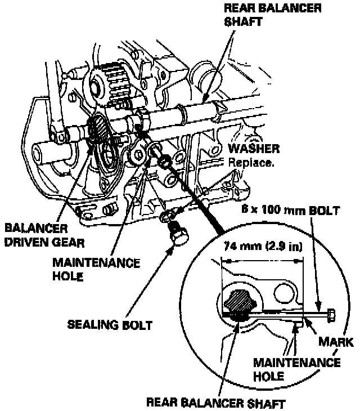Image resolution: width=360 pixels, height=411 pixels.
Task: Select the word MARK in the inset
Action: [x=335, y=341]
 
